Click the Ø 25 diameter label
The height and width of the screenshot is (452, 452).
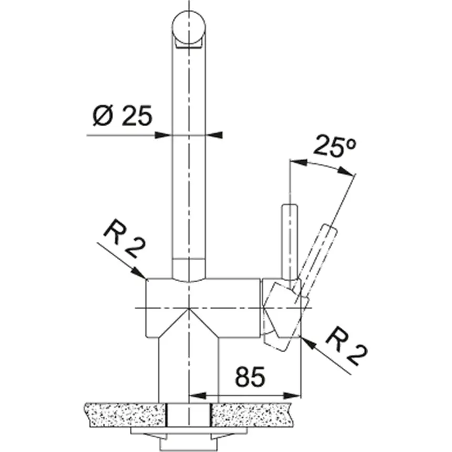tap(121, 116)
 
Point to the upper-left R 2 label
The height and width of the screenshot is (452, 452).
tap(122, 240)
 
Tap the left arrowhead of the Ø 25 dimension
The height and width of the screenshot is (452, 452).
tap(166, 135)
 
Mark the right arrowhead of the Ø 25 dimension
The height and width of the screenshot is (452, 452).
tap(213, 135)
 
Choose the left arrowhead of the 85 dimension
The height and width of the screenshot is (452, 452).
tap(194, 395)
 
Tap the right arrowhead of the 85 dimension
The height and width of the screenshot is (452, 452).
tap(295, 395)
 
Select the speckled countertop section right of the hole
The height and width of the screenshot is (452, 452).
tap(252, 414)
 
